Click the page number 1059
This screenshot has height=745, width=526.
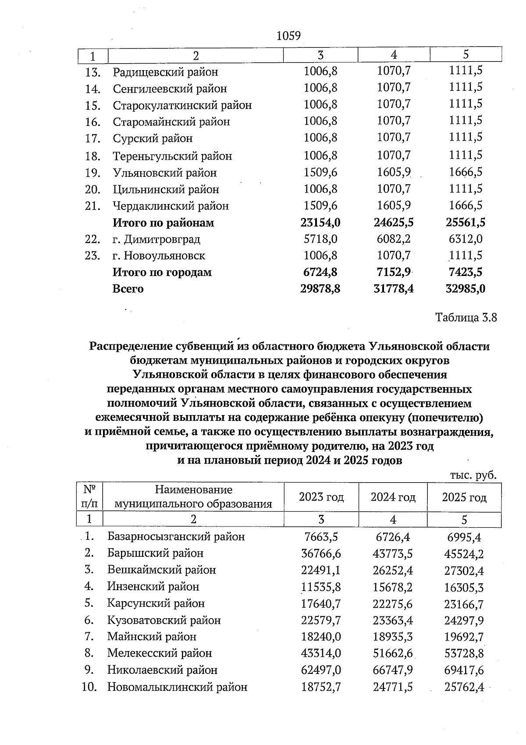pyautogui.click(x=288, y=36)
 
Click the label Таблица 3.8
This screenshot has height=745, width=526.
pyautogui.click(x=466, y=317)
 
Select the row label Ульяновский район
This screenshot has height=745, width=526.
pyautogui.click(x=164, y=173)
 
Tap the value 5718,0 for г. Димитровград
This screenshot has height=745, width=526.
pyautogui.click(x=320, y=239)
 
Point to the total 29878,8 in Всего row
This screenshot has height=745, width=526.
pyautogui.click(x=320, y=289)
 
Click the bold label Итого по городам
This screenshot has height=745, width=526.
pyautogui.click(x=162, y=272)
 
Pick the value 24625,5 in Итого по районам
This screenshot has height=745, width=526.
pyautogui.click(x=393, y=222)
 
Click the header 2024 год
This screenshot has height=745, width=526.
pyautogui.click(x=393, y=497)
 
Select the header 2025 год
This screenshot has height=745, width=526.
pyautogui.click(x=464, y=497)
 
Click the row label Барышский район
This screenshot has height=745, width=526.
pyautogui.click(x=155, y=553)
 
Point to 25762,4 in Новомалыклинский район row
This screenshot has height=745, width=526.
pyautogui.click(x=464, y=687)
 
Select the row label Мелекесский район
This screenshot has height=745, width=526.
pyautogui.click(x=160, y=653)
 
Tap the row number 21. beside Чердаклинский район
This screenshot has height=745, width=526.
pyautogui.click(x=93, y=206)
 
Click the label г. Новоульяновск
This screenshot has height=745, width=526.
pyautogui.click(x=159, y=256)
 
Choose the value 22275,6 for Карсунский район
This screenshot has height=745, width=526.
pyautogui.click(x=393, y=604)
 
